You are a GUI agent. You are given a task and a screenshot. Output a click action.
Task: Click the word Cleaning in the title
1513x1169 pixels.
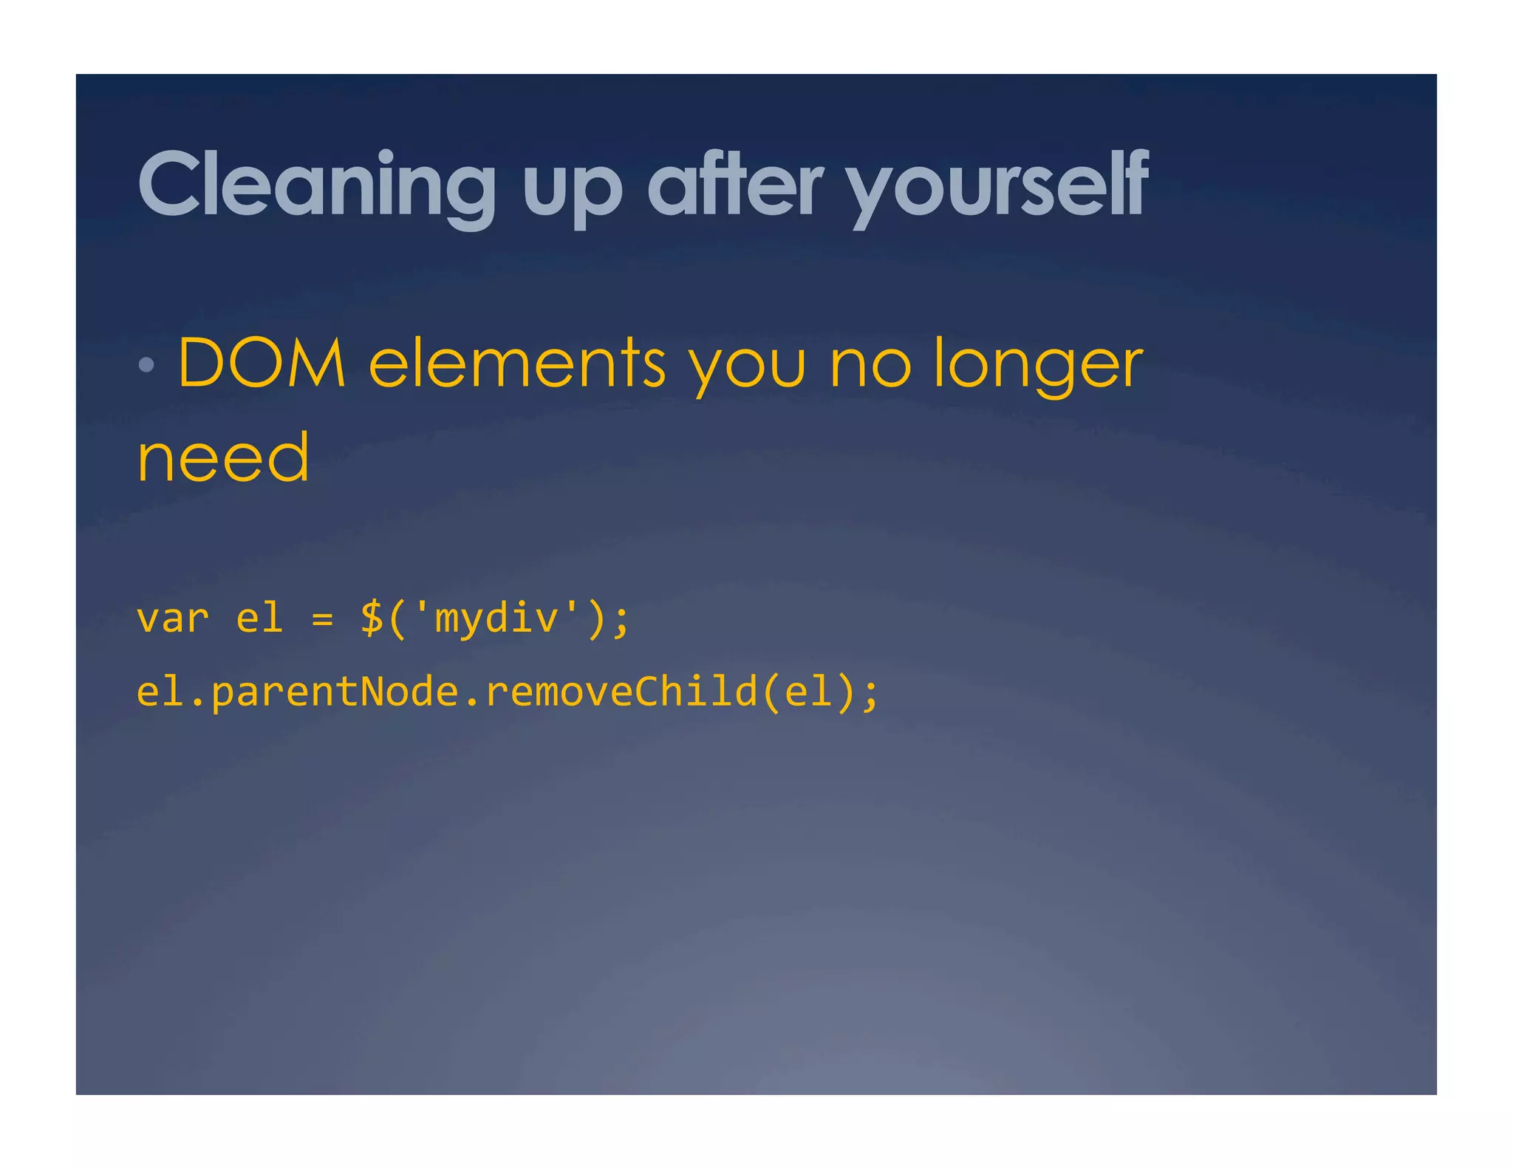click(316, 185)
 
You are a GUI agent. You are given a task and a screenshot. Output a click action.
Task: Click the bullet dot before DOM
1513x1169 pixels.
click(146, 364)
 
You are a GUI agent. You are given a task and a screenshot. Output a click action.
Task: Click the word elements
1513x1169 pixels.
click(517, 363)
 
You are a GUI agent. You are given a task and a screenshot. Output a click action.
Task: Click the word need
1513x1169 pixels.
click(223, 459)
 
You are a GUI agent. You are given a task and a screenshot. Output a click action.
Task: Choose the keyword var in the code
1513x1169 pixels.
click(173, 618)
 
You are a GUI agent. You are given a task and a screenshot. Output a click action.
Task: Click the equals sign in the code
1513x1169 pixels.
click(322, 619)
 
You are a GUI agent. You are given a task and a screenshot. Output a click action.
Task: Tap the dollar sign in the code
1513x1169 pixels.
click(372, 618)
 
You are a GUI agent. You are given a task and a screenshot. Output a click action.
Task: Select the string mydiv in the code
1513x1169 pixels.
click(496, 618)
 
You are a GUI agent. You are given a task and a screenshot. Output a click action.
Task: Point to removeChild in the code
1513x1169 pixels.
click(621, 692)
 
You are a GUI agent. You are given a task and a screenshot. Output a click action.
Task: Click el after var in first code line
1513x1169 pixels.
click(259, 618)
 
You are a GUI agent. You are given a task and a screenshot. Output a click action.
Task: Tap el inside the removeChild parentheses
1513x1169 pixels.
click(808, 692)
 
